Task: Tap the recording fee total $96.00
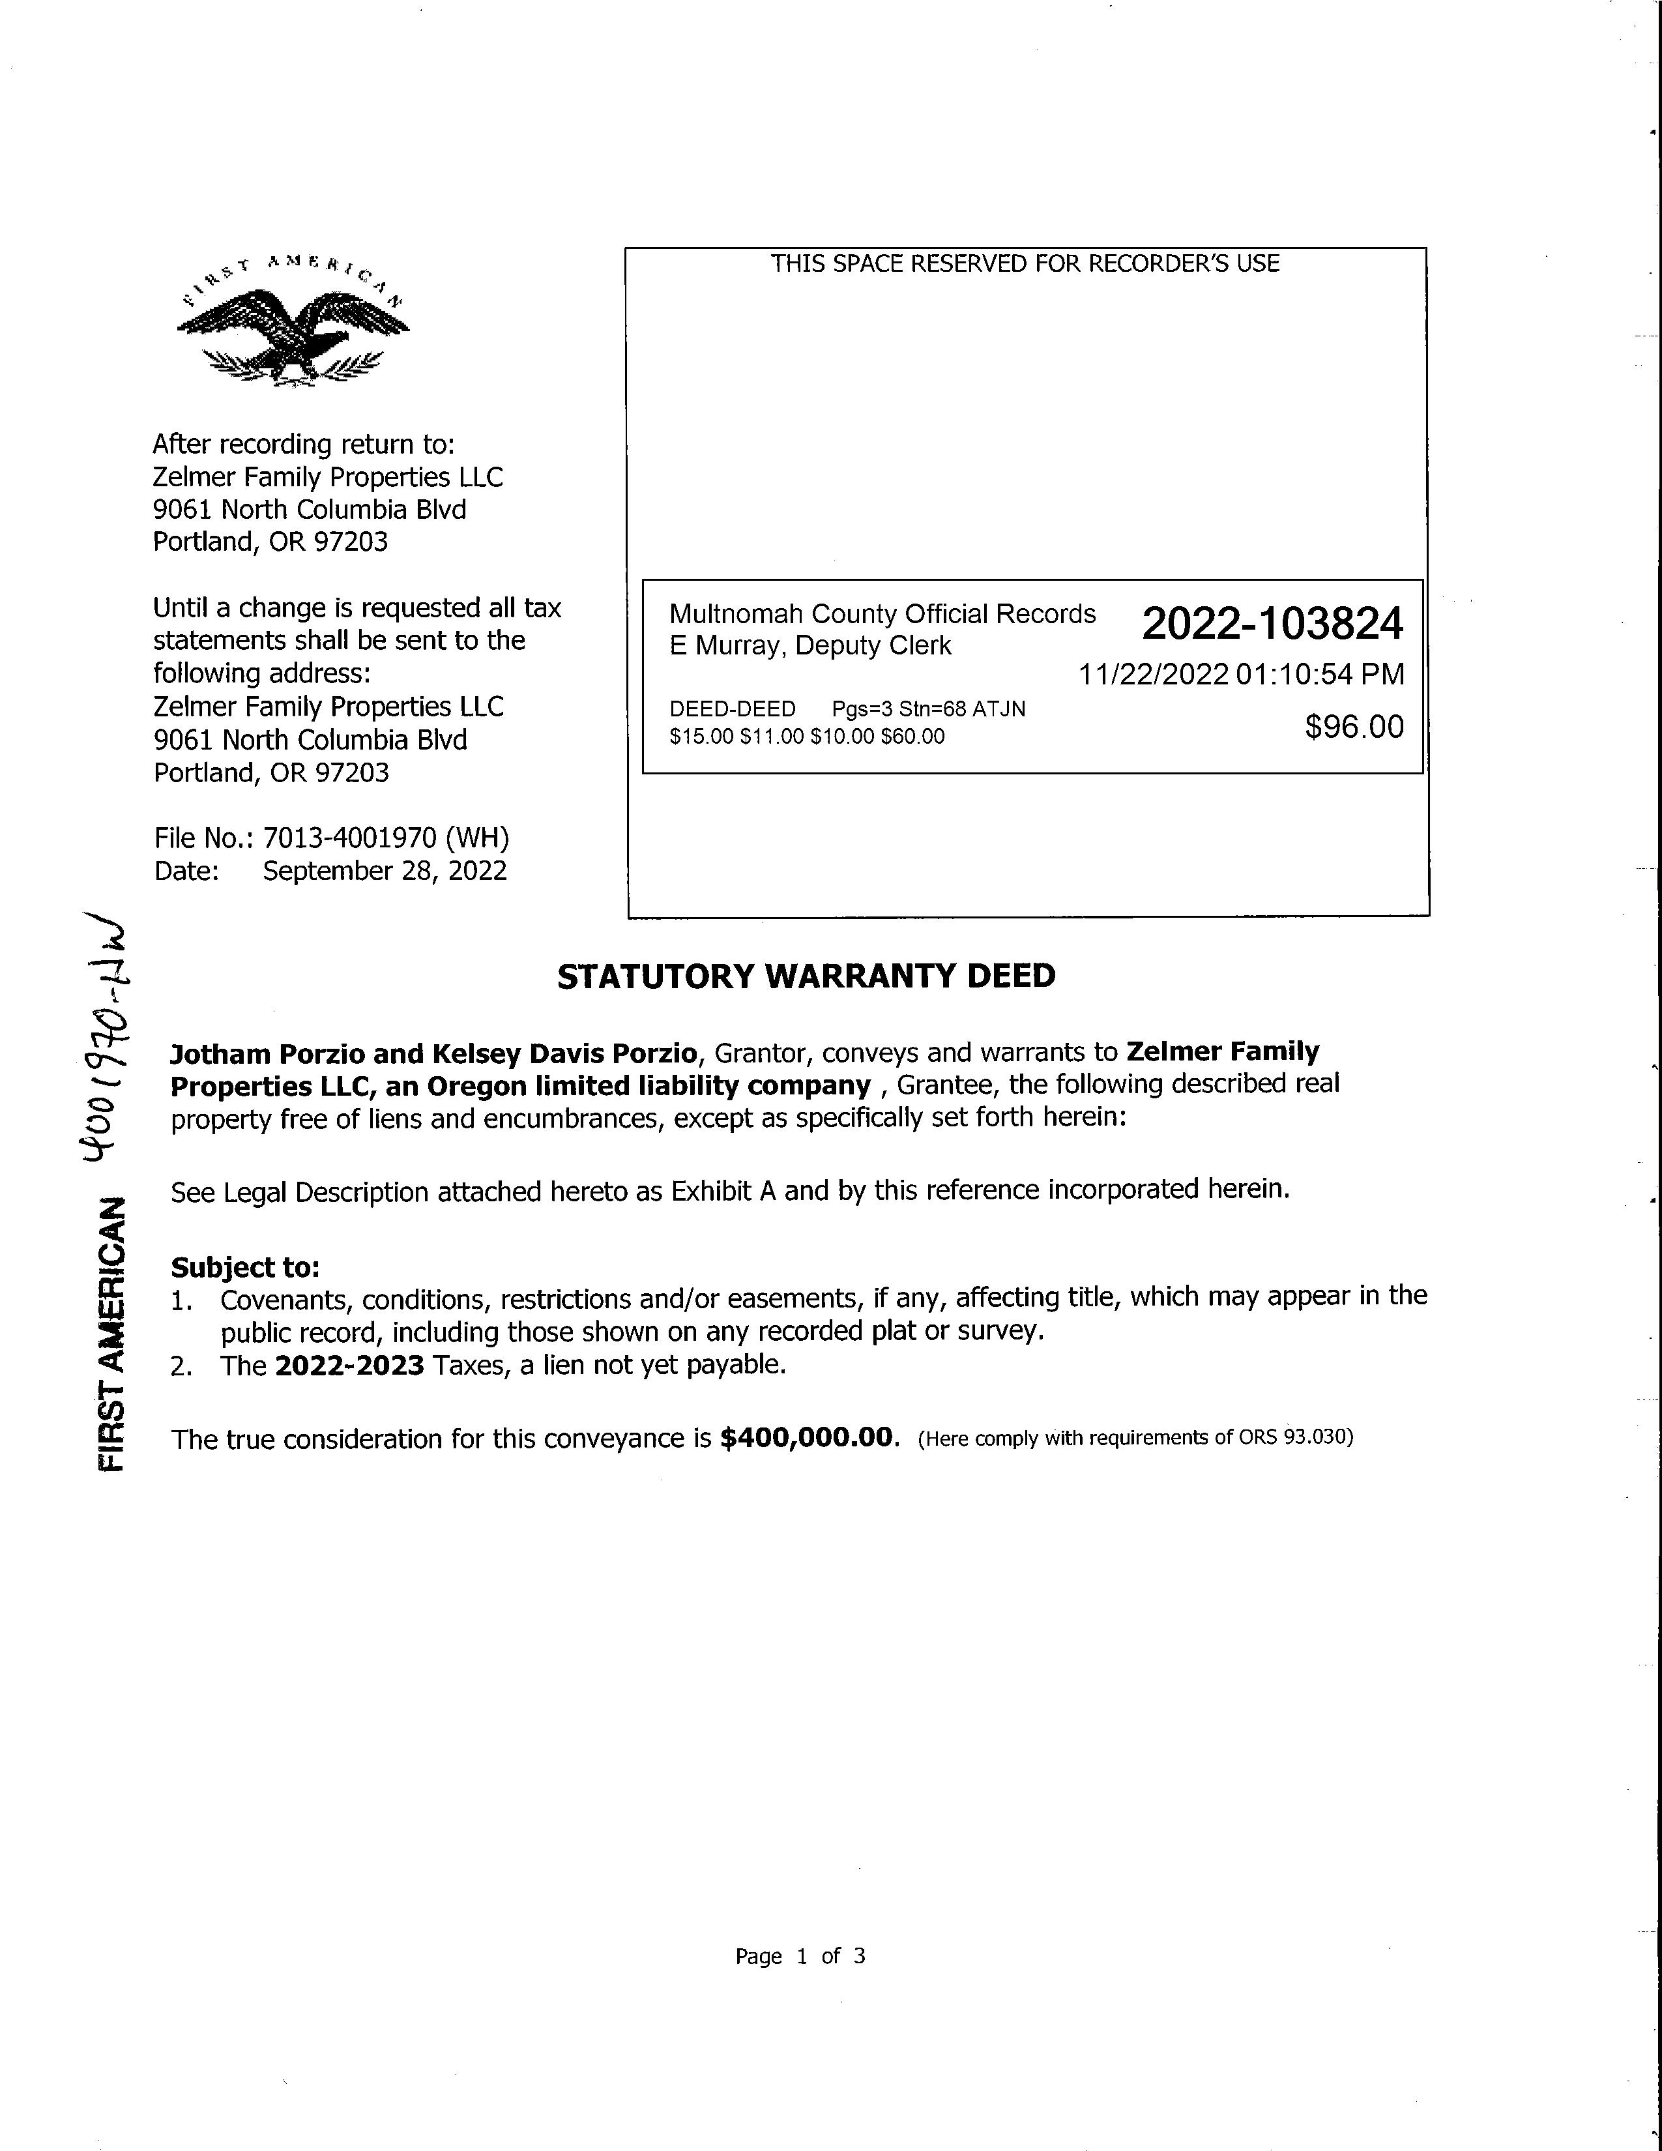click(x=1354, y=727)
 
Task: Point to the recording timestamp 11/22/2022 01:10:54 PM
click(x=1240, y=675)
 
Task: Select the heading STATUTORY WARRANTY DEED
click(x=806, y=976)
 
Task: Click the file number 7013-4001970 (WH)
click(x=385, y=838)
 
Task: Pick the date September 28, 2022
click(x=384, y=871)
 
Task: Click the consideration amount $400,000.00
click(x=809, y=1439)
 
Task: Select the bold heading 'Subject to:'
click(x=245, y=1268)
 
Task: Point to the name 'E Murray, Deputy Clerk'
click(x=810, y=646)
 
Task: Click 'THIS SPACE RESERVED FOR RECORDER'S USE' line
click(x=1025, y=264)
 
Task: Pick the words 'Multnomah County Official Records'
click(x=882, y=615)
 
